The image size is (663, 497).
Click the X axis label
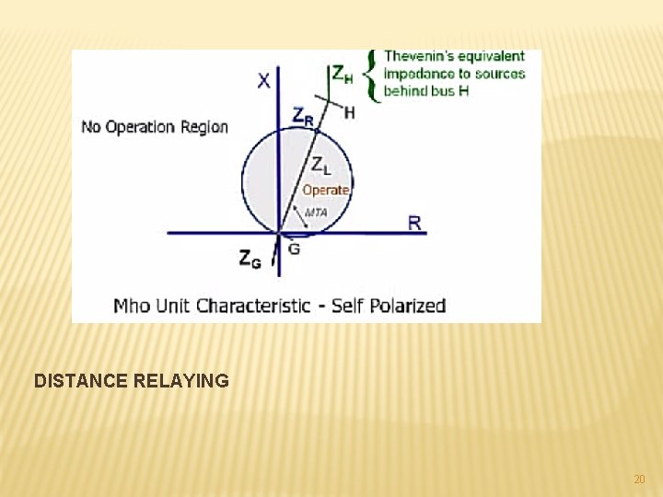[x=263, y=80]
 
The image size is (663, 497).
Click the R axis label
[x=414, y=223]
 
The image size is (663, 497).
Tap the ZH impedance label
[x=341, y=74]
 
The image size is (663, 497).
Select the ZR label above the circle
[x=303, y=116]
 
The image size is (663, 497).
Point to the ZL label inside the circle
[x=320, y=167]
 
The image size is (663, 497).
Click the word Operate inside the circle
[x=326, y=190]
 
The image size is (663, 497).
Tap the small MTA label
[x=316, y=213]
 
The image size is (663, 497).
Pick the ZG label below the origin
[x=250, y=260]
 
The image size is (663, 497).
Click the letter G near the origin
[x=294, y=248]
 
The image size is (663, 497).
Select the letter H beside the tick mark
[x=349, y=112]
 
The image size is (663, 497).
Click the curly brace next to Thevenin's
[x=370, y=75]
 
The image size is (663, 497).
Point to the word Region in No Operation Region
[x=205, y=127]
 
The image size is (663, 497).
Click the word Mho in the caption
[x=132, y=306]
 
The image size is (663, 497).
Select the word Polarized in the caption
[x=408, y=306]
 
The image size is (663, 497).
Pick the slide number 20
[x=639, y=480]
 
